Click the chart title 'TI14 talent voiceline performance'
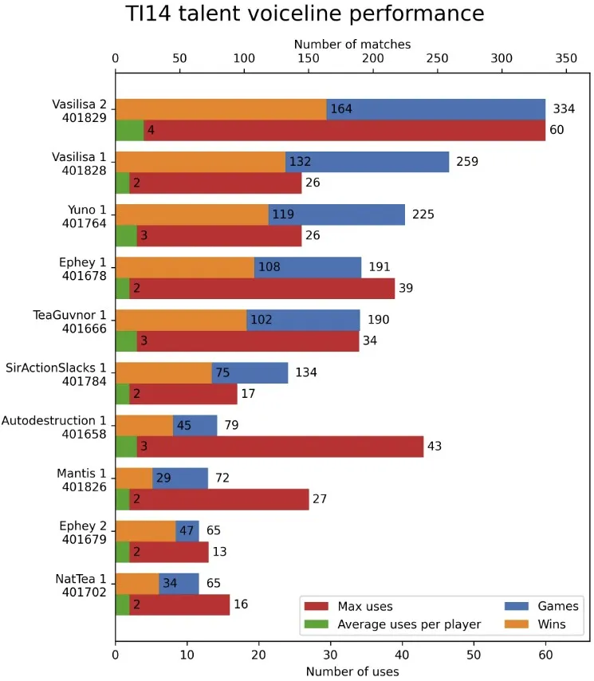[x=305, y=14]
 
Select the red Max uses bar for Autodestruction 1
[x=280, y=447]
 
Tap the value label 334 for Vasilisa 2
[x=564, y=108]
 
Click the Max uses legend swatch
[x=316, y=606]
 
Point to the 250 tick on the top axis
[x=437, y=58]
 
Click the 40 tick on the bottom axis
[x=402, y=655]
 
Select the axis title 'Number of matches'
[x=352, y=45]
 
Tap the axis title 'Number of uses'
[x=352, y=671]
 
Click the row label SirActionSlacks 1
[x=56, y=368]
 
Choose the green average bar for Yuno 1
[x=126, y=236]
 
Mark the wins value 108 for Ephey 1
[x=269, y=266]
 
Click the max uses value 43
[x=435, y=446]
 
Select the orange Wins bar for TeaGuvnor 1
[x=181, y=320]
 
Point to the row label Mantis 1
[x=81, y=474]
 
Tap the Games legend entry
[x=541, y=606]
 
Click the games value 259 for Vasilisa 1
[x=467, y=162]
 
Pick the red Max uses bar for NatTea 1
[x=179, y=604]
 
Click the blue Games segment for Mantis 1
[x=180, y=478]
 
